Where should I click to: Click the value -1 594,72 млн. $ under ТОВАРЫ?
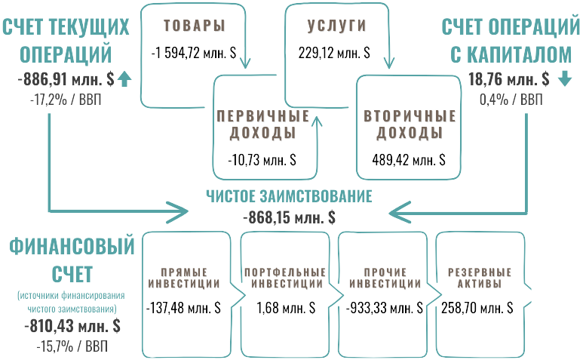(x=192, y=53)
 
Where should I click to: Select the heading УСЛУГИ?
(x=336, y=25)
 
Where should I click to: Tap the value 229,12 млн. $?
(x=336, y=53)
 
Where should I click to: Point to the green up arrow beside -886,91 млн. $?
(x=125, y=78)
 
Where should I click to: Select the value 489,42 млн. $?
(x=409, y=160)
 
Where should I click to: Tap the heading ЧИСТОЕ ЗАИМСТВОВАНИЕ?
(x=289, y=197)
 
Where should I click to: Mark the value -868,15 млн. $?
(x=289, y=217)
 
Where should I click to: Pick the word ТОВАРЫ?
(x=195, y=25)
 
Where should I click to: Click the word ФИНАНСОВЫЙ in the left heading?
(x=72, y=247)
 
